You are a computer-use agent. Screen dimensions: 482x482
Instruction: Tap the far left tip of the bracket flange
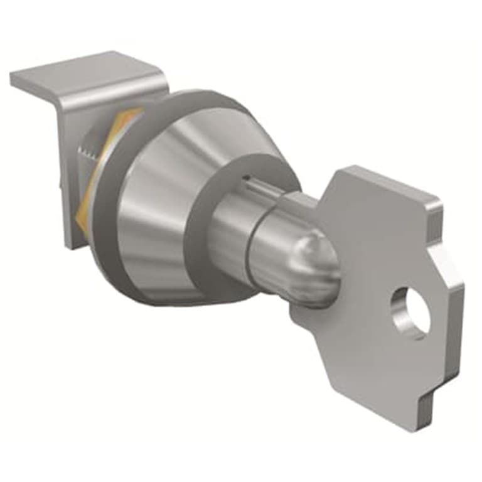(13, 78)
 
